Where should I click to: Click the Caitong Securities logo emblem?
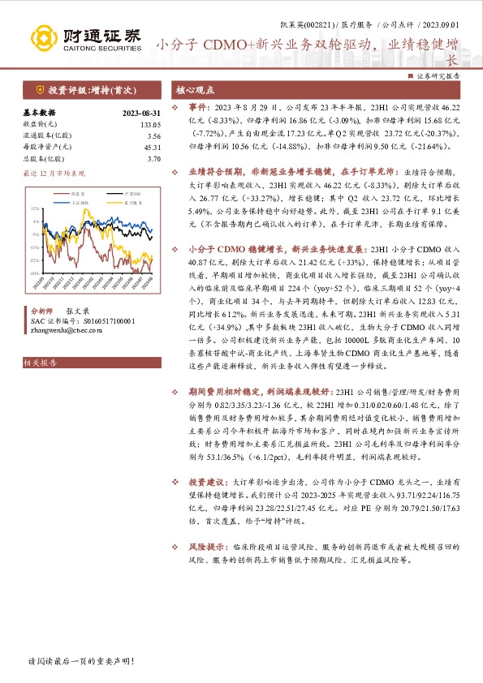(x=45, y=37)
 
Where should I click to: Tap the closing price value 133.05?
(x=150, y=125)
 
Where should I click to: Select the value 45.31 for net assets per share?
(x=152, y=148)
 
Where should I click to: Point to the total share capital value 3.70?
(x=154, y=159)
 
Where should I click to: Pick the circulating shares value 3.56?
(x=154, y=136)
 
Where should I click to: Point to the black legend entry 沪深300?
(x=132, y=194)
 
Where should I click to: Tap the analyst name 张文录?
(x=77, y=311)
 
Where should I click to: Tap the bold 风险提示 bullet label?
(x=206, y=524)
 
